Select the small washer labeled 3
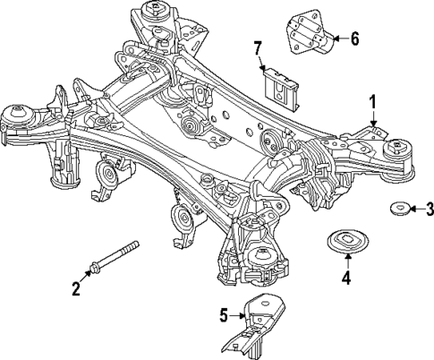397,210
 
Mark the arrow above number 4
345,261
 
